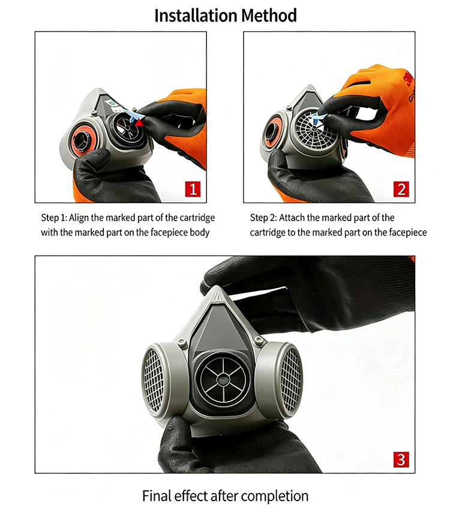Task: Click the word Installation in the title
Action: pos(196,16)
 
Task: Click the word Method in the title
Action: pos(269,16)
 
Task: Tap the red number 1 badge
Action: pos(193,189)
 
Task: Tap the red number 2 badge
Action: pos(401,189)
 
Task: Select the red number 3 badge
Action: pos(401,459)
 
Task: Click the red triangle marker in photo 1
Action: pos(139,122)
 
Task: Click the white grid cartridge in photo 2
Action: pos(315,129)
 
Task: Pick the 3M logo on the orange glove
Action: pos(409,79)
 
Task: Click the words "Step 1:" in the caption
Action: pos(54,218)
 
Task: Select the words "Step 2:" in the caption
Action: pos(263,218)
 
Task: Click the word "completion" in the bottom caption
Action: pos(275,496)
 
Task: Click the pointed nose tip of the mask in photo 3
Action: pos(216,288)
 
